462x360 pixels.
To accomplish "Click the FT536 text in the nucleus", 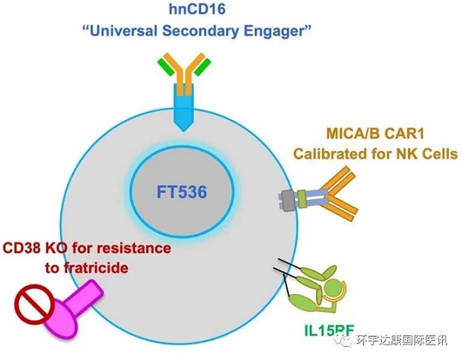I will tap(182, 192).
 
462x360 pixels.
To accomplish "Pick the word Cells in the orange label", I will tap(437, 154).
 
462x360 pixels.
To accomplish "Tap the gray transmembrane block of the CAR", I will tap(286, 198).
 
